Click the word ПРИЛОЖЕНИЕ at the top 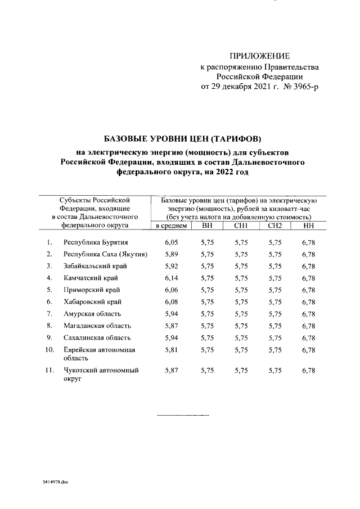click(260, 56)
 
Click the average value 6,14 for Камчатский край click(171, 278)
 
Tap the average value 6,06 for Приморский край click(171, 290)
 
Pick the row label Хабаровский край click(89, 302)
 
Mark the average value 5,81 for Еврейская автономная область click(171, 350)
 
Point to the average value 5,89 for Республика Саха click(171, 254)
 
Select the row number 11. click(49, 370)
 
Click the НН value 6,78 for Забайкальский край click(308, 266)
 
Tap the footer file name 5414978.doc click(55, 483)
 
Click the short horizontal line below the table click(182, 416)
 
